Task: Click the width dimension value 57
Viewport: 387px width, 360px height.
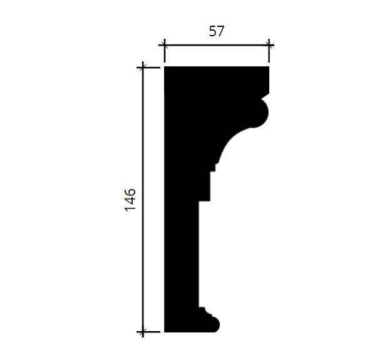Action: (x=217, y=31)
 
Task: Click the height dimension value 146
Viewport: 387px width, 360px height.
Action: (x=130, y=200)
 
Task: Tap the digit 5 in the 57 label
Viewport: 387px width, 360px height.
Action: (x=213, y=31)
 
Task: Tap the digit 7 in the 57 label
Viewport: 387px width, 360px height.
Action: (x=220, y=31)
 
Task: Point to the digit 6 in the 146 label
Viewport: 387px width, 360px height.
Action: (x=130, y=192)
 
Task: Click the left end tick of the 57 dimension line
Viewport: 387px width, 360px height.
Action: (x=164, y=45)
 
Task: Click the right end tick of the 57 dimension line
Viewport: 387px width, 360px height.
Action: (x=269, y=45)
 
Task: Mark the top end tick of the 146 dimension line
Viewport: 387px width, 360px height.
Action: (x=143, y=68)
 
